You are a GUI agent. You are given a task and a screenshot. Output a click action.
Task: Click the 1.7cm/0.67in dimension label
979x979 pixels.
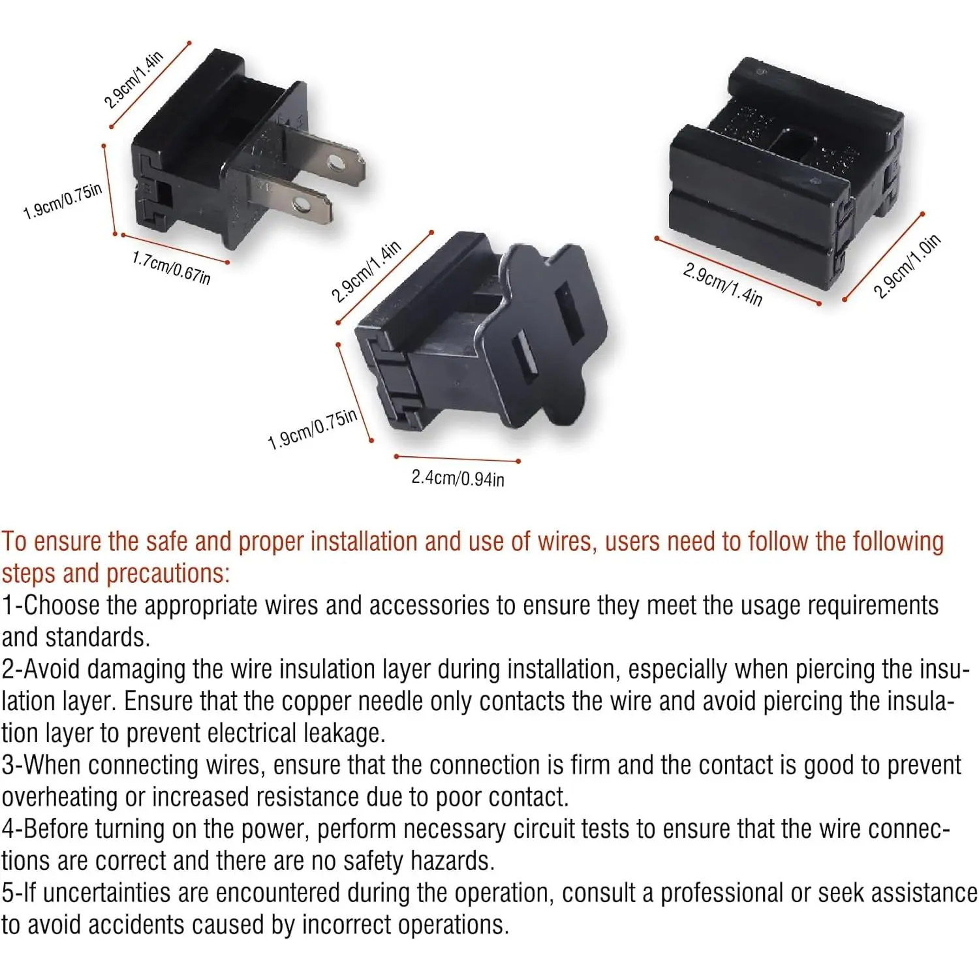coord(172,268)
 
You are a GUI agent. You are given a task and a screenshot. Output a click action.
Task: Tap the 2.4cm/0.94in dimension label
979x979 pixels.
coord(458,478)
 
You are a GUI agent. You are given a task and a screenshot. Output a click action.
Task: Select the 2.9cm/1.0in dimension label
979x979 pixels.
coord(907,266)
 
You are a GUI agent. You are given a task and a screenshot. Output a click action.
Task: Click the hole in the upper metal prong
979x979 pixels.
coord(337,163)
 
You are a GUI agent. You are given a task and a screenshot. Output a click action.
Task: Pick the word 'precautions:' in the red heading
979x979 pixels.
coord(168,574)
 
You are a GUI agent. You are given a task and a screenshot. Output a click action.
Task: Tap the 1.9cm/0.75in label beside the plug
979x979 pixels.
coord(63,201)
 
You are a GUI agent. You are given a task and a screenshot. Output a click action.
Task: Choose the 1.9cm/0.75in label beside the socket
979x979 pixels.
coord(313,429)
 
